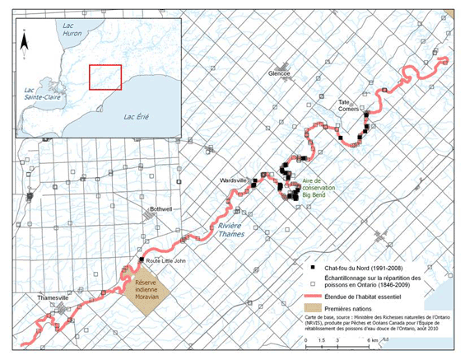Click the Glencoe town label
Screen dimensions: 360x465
(x=280, y=73)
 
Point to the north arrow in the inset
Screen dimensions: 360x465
(x=27, y=37)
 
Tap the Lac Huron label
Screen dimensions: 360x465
(x=73, y=30)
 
